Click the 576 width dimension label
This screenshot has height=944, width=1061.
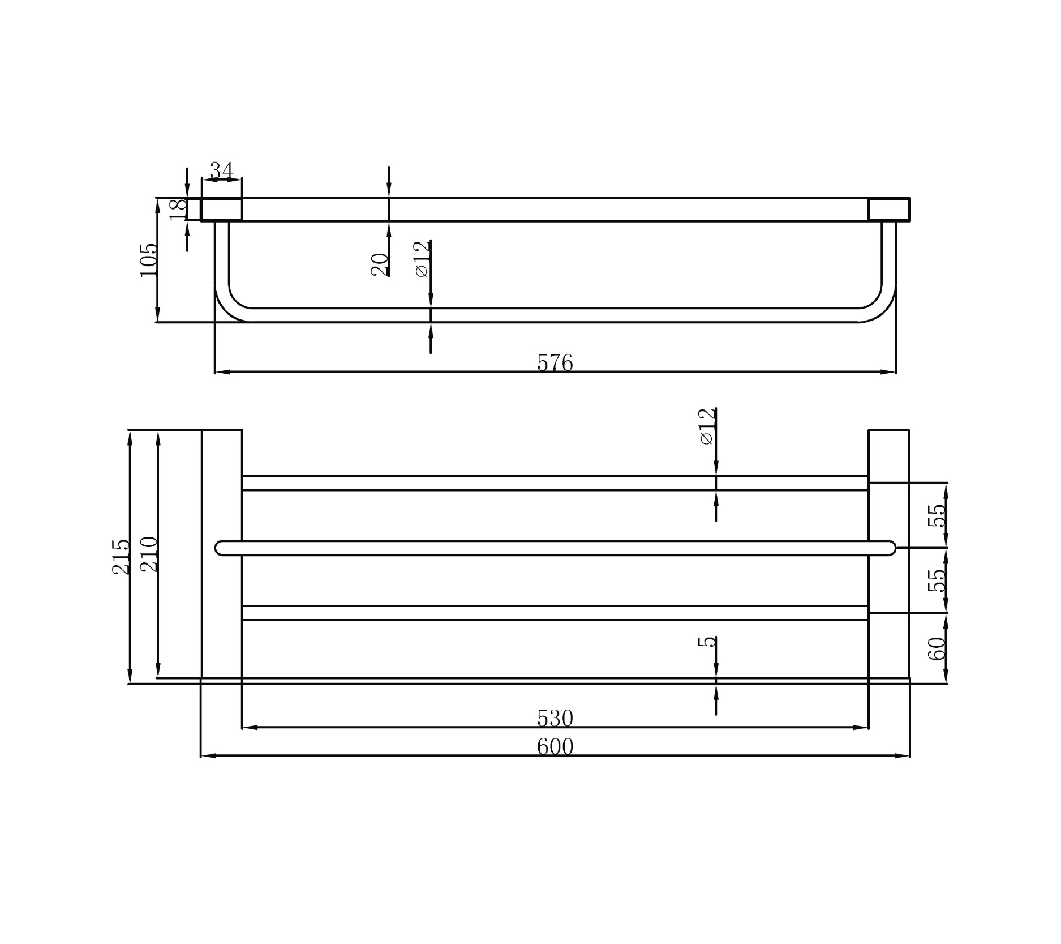[555, 363]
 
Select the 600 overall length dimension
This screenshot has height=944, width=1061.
[555, 747]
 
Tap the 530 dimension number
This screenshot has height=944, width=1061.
[555, 718]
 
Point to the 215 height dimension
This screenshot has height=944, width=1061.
[121, 557]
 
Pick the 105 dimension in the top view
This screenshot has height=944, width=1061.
[148, 260]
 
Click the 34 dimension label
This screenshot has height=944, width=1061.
[221, 169]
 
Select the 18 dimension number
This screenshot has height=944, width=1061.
[178, 209]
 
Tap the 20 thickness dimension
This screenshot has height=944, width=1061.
[380, 264]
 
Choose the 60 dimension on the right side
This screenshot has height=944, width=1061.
[937, 648]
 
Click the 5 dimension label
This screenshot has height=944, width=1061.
[707, 642]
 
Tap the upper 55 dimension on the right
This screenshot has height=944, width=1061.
[937, 515]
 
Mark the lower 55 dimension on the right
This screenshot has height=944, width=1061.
[937, 580]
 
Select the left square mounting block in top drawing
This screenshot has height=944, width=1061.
[222, 209]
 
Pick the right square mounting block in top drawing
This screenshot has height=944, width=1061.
[889, 209]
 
